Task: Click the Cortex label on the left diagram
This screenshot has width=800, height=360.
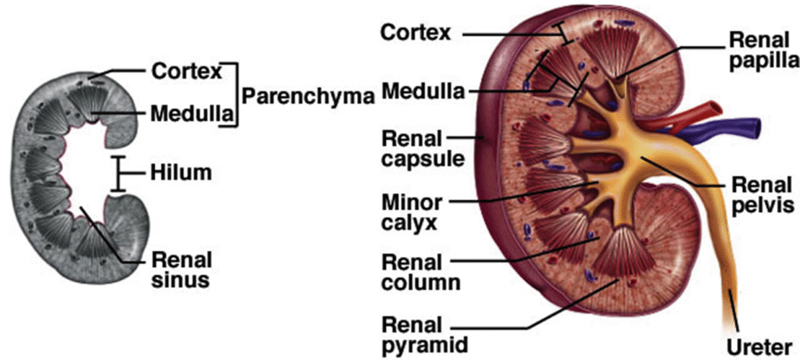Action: pyautogui.click(x=187, y=70)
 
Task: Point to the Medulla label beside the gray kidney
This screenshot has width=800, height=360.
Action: pyautogui.click(x=191, y=115)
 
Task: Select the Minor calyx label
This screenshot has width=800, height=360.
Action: pyautogui.click(x=411, y=212)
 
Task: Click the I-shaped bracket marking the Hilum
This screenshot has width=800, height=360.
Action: pyautogui.click(x=119, y=173)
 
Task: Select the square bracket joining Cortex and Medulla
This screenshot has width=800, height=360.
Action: pyautogui.click(x=231, y=94)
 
